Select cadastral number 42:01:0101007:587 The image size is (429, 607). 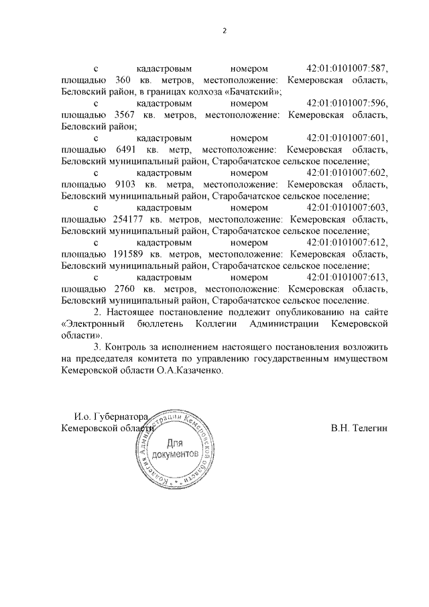pos(347,68)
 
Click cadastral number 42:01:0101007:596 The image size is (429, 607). pos(347,103)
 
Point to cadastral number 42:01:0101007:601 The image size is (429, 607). pos(347,138)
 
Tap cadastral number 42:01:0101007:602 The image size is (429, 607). pos(347,173)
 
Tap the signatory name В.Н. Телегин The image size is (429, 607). pos(359,428)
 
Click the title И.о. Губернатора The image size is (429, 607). pos(110,416)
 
